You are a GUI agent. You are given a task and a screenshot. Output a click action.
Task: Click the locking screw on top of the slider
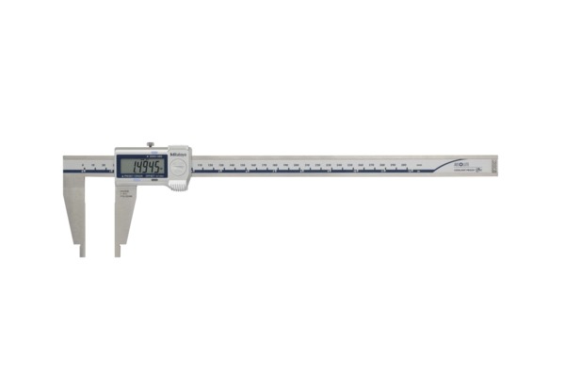150,145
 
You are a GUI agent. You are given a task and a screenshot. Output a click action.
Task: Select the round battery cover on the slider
176,166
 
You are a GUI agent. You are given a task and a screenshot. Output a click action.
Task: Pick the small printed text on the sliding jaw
123,196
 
